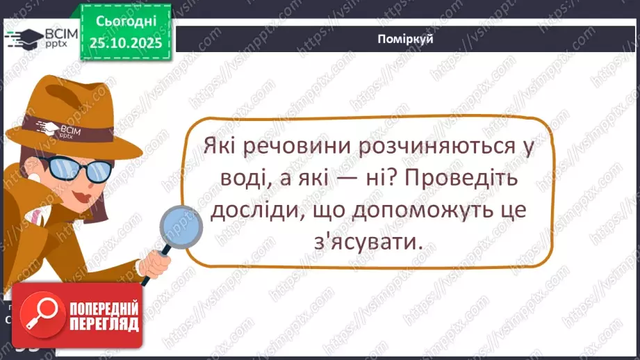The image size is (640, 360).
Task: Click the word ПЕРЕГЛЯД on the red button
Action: tap(103, 324)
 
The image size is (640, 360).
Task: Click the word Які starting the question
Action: tap(222, 147)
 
